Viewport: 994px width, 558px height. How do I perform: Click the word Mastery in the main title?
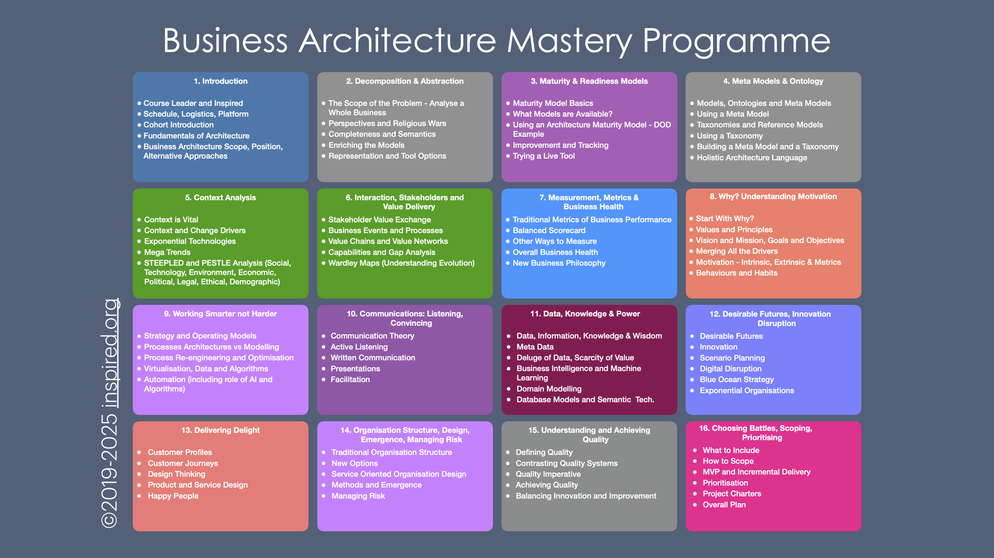pos(569,41)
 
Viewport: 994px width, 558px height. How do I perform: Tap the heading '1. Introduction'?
pos(220,81)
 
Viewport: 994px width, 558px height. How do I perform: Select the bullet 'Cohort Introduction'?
pos(179,125)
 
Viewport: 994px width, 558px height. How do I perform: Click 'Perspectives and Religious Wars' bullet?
pos(387,124)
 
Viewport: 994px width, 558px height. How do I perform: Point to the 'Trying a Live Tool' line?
pos(544,156)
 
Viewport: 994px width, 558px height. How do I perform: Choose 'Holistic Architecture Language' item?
pos(751,158)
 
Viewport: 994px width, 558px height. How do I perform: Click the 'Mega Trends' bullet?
pos(167,252)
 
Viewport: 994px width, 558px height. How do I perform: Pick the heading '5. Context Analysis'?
pos(220,198)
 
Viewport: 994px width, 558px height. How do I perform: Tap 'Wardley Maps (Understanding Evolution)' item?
pos(401,263)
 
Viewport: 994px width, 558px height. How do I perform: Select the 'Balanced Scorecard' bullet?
pos(549,231)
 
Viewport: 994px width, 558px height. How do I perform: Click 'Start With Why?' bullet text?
pos(724,219)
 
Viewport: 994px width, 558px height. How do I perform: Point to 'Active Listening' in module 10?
pos(359,347)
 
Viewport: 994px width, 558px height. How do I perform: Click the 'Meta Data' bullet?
pos(535,347)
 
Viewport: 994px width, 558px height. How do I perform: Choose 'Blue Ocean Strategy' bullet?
pos(736,380)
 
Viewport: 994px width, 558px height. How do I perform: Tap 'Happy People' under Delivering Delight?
pos(173,496)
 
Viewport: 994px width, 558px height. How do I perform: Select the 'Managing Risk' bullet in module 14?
pos(358,496)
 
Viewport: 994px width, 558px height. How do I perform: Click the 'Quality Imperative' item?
pos(548,474)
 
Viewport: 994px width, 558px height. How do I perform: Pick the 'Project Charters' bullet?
pos(732,494)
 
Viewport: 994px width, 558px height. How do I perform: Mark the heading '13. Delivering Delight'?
pos(220,430)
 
